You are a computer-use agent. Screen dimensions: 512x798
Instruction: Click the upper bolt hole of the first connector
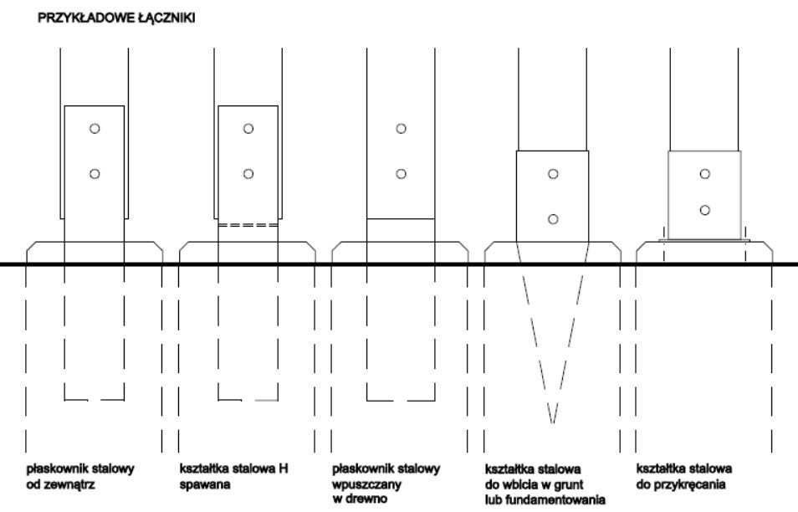point(95,129)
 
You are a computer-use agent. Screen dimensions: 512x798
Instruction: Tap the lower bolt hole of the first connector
point(95,174)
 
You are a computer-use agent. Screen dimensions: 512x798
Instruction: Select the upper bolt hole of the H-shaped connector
point(248,129)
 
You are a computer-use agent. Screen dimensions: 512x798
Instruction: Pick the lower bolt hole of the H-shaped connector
point(248,174)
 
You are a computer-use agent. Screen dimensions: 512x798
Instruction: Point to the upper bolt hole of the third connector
point(402,129)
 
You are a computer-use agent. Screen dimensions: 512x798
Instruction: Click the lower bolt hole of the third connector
point(402,174)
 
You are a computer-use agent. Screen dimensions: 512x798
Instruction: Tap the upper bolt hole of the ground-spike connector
point(553,174)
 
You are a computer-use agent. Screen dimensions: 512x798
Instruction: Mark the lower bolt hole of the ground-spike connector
point(553,219)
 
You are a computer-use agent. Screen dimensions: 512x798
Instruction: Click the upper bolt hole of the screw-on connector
point(706,174)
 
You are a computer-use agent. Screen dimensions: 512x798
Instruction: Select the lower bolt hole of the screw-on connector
point(706,210)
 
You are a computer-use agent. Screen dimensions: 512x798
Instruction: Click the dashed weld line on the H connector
point(248,225)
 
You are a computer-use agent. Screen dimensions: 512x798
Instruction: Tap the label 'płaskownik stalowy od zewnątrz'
point(80,476)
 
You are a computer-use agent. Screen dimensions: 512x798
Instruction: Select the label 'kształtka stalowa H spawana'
point(230,476)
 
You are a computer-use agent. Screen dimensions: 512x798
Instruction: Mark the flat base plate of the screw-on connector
point(705,240)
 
